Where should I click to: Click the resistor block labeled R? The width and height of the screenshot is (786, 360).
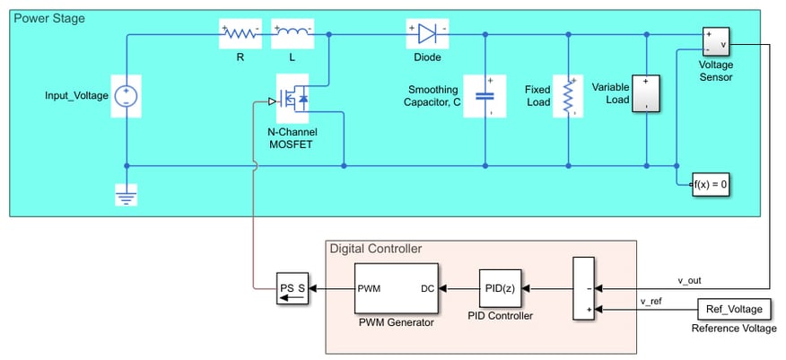[240, 34]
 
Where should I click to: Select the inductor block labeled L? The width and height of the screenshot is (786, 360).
[293, 34]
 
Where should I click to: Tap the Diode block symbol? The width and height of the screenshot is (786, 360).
[427, 34]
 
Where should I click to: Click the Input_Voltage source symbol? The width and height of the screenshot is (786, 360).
[127, 97]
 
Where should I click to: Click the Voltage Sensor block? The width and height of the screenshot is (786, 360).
[716, 42]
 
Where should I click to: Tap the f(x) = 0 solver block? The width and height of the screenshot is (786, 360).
[711, 185]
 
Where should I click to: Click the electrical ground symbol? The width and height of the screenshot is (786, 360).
[127, 194]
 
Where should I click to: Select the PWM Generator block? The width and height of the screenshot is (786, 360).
[396, 289]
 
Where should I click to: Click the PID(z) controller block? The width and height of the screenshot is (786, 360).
[498, 289]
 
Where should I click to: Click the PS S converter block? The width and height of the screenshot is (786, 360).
[292, 289]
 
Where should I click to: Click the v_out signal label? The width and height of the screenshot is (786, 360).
[690, 281]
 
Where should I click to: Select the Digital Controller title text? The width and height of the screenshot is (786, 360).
[375, 249]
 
